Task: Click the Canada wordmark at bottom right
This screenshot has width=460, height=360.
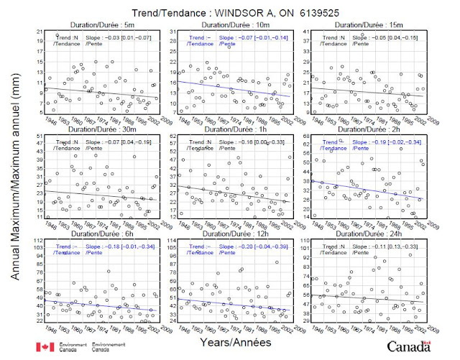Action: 413,346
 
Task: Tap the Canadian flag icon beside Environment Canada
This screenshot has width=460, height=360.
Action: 44,347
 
